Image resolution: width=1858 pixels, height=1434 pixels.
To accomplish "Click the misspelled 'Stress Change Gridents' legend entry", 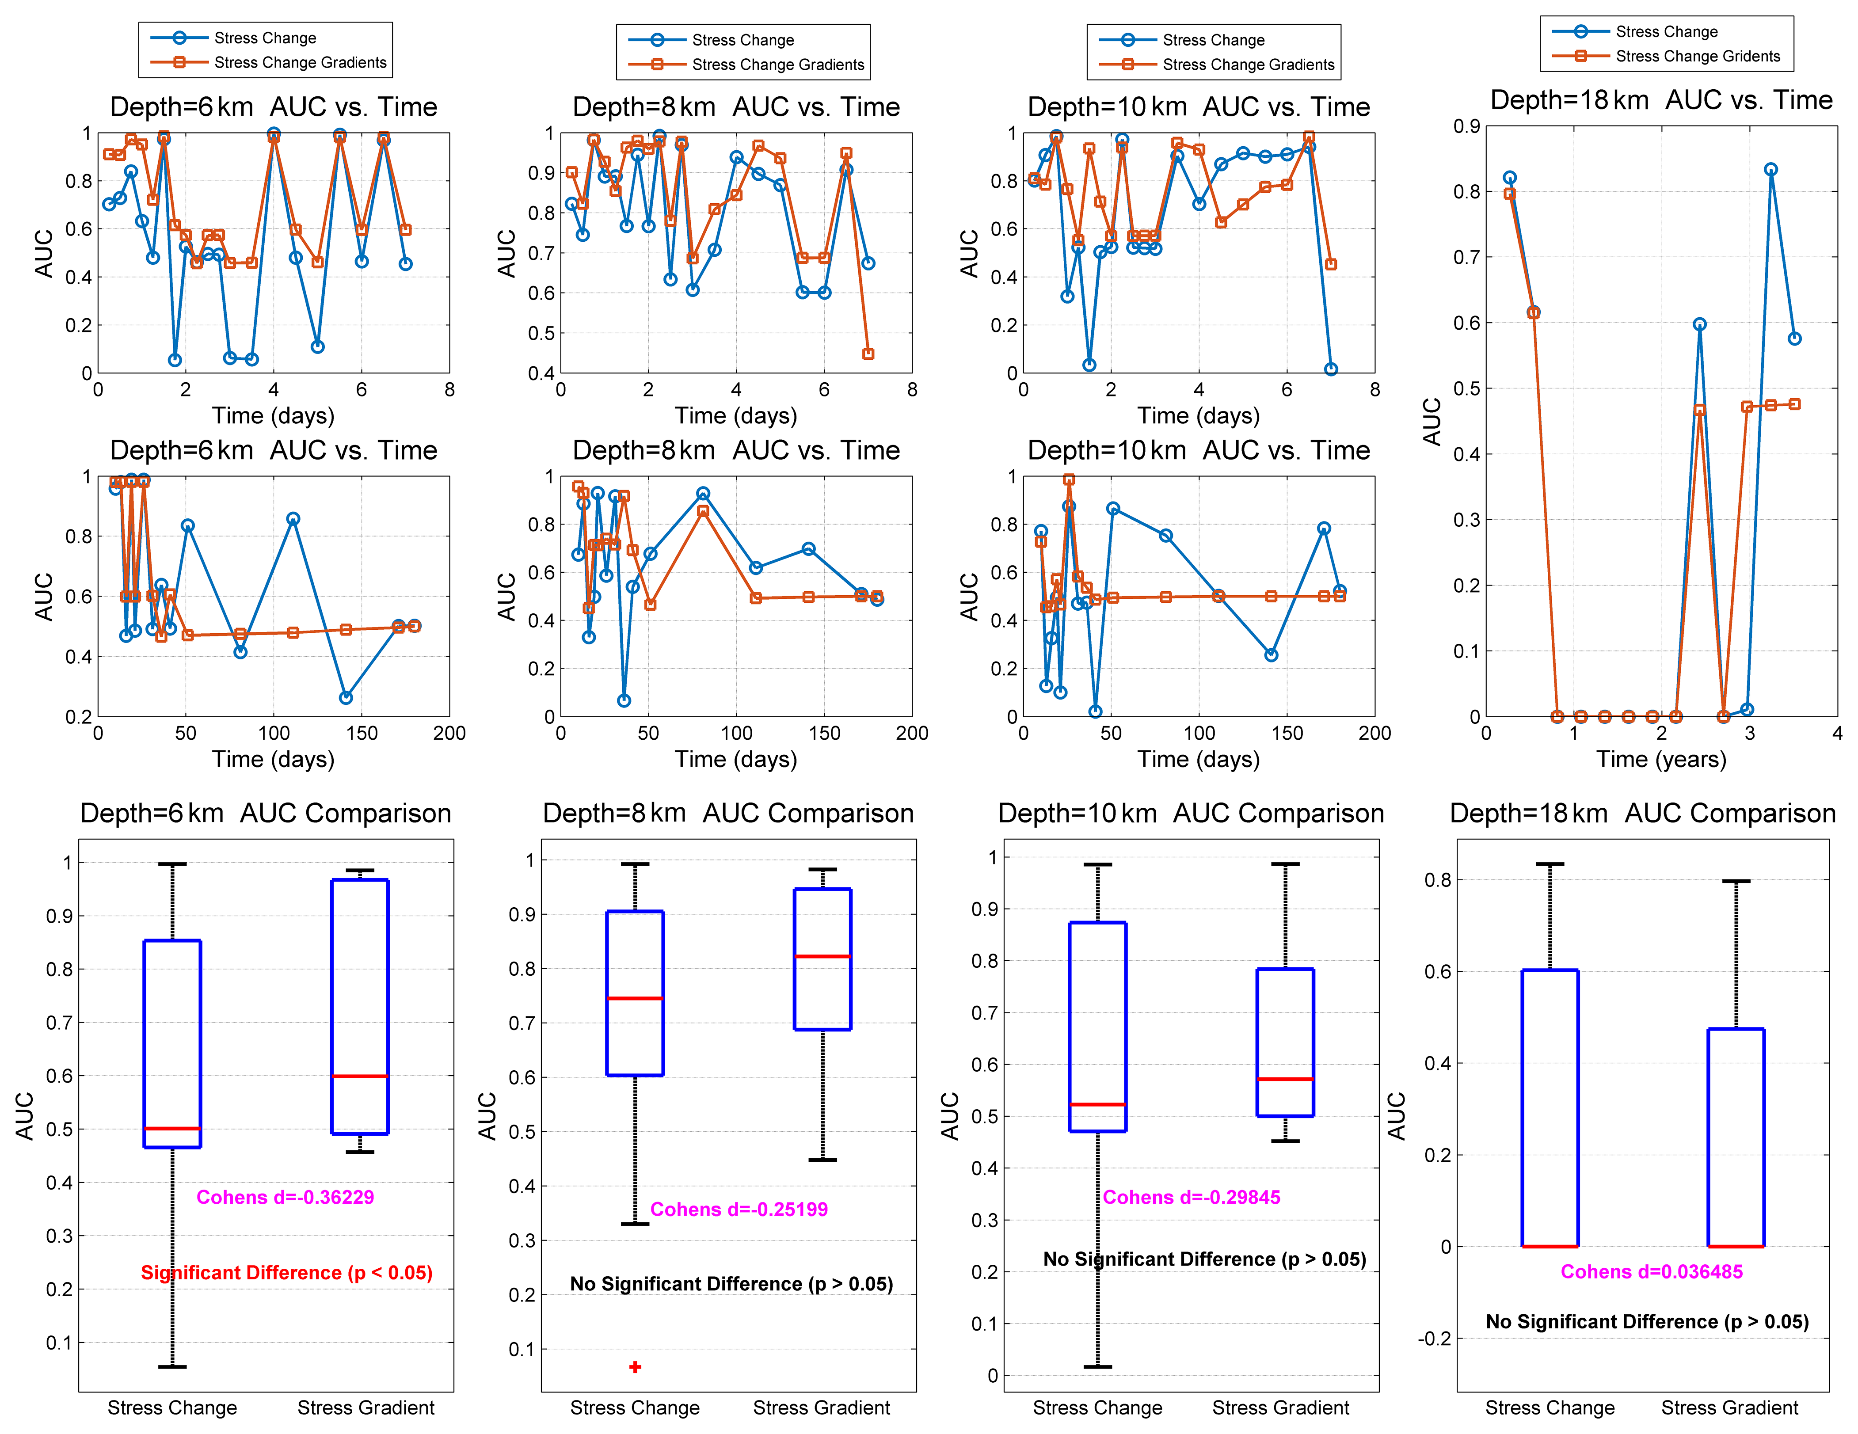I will [1697, 56].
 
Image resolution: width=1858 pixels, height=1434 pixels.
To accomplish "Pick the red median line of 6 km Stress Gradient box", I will [360, 1077].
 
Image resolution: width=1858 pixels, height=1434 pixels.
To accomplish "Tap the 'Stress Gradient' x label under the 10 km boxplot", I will [1280, 1407].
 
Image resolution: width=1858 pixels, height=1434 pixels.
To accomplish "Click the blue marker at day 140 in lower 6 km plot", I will [346, 697].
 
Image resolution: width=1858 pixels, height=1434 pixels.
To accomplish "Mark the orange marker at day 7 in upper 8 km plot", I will [868, 354].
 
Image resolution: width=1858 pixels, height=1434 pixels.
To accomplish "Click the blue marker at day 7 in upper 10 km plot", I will [1331, 369].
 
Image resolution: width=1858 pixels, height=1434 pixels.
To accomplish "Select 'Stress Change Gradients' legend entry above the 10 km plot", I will [1248, 65].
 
